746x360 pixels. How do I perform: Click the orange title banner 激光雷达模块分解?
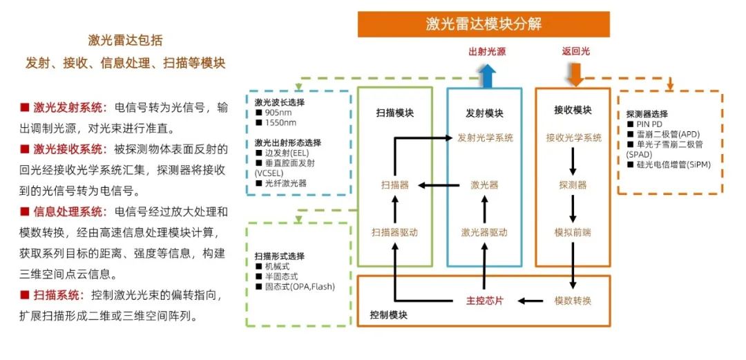click(x=484, y=24)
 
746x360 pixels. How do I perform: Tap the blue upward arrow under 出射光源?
click(x=487, y=76)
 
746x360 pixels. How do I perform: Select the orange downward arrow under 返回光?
click(x=575, y=75)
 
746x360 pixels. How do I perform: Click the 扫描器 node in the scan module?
click(x=395, y=185)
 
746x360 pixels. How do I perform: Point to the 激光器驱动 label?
click(x=484, y=232)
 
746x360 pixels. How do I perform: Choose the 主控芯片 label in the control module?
click(x=484, y=301)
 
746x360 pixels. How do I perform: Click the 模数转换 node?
click(x=573, y=301)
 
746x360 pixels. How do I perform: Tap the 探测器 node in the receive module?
click(x=573, y=185)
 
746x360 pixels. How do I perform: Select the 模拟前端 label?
click(x=573, y=232)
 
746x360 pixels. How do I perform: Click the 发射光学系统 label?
click(x=486, y=138)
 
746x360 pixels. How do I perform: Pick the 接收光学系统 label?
click(x=574, y=138)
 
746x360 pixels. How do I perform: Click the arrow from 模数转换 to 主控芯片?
click(x=530, y=301)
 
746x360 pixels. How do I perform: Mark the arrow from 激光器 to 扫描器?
click(x=439, y=185)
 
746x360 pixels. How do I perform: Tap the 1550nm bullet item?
click(x=276, y=123)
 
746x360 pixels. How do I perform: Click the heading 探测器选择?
click(x=647, y=114)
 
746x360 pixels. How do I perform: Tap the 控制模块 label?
click(x=388, y=315)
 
